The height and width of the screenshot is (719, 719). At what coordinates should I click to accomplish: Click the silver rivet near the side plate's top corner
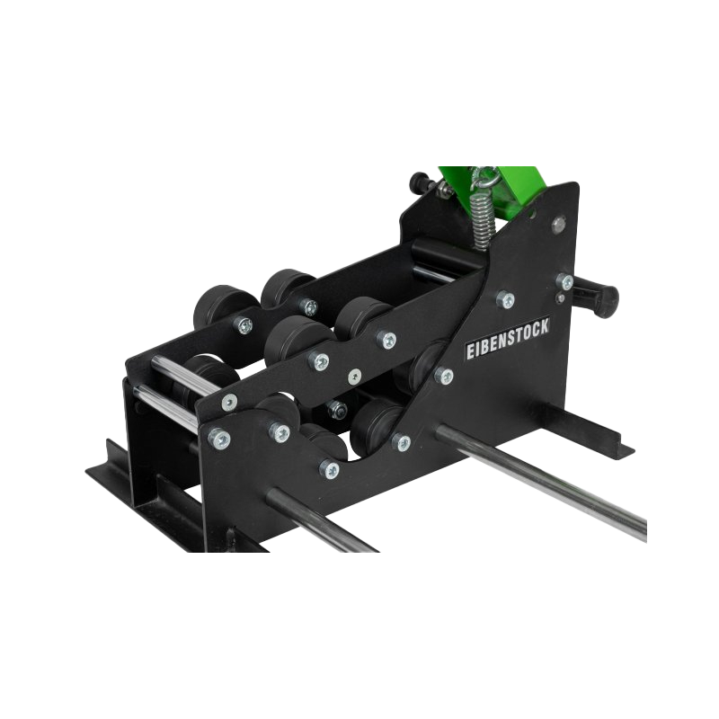pos(558,223)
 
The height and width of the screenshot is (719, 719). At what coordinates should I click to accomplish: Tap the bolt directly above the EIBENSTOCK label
pos(506,299)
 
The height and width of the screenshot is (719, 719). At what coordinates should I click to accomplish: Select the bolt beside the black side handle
pos(565,281)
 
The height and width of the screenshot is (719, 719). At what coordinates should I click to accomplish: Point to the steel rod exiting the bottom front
pos(323,520)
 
